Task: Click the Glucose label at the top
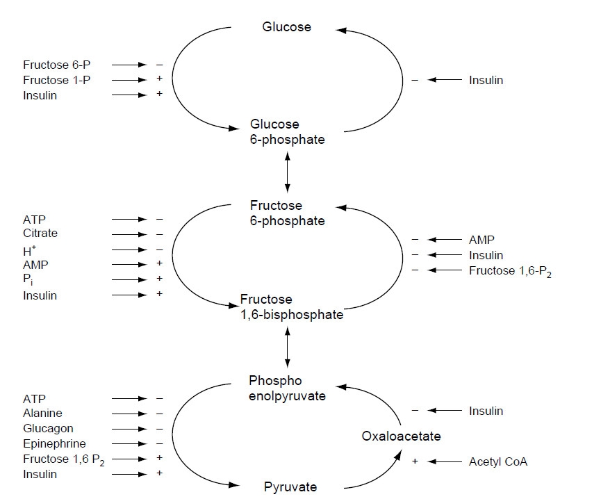pyautogui.click(x=286, y=27)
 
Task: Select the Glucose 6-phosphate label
pyautogui.click(x=286, y=132)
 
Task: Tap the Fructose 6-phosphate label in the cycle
pyautogui.click(x=287, y=213)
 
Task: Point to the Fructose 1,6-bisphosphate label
pyautogui.click(x=292, y=306)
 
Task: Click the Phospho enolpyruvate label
pyautogui.click(x=287, y=388)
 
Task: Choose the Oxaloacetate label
pyautogui.click(x=401, y=436)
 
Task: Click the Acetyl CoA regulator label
pyautogui.click(x=498, y=461)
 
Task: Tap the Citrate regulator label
pyautogui.click(x=40, y=234)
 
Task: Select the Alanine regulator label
pyautogui.click(x=42, y=414)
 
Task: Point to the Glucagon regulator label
pyautogui.click(x=48, y=429)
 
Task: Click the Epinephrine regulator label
pyautogui.click(x=54, y=444)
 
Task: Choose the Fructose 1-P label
pyautogui.click(x=57, y=80)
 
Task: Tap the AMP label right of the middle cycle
pyautogui.click(x=481, y=240)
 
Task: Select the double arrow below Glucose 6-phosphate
pyautogui.click(x=287, y=173)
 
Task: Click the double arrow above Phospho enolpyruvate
pyautogui.click(x=287, y=350)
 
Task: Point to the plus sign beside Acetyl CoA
pyautogui.click(x=415, y=461)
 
